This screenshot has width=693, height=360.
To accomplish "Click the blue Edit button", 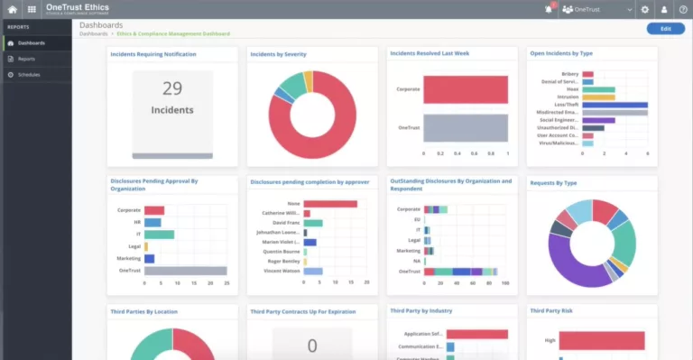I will coord(665,29).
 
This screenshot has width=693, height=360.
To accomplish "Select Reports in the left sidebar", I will coord(26,59).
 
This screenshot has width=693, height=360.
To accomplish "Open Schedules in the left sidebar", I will coord(29,74).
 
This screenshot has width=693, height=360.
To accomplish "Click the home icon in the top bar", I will coord(12,9).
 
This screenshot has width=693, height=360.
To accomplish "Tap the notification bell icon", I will coord(548,9).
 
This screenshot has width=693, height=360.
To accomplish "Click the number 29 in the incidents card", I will coord(172,88).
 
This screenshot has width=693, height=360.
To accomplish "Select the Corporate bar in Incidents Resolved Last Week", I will coord(467,89).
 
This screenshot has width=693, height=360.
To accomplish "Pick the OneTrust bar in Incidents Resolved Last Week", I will coord(466,128).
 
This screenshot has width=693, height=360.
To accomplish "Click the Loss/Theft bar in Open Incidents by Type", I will coord(614,105).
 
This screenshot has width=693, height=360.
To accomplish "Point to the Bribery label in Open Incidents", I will coord(569,75).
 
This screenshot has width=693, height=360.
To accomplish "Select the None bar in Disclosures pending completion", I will coord(330,204).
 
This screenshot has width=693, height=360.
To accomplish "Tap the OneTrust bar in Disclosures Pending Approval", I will coord(185,270).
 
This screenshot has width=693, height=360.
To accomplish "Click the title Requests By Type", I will coord(553,182).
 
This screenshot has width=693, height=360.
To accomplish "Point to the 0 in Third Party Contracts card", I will coord(312,346).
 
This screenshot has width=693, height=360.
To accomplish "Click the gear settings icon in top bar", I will coord(644,9).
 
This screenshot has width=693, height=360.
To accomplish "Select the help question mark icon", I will coord(683,9).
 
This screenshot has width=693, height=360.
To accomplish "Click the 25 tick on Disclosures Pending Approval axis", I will coord(226,283).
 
